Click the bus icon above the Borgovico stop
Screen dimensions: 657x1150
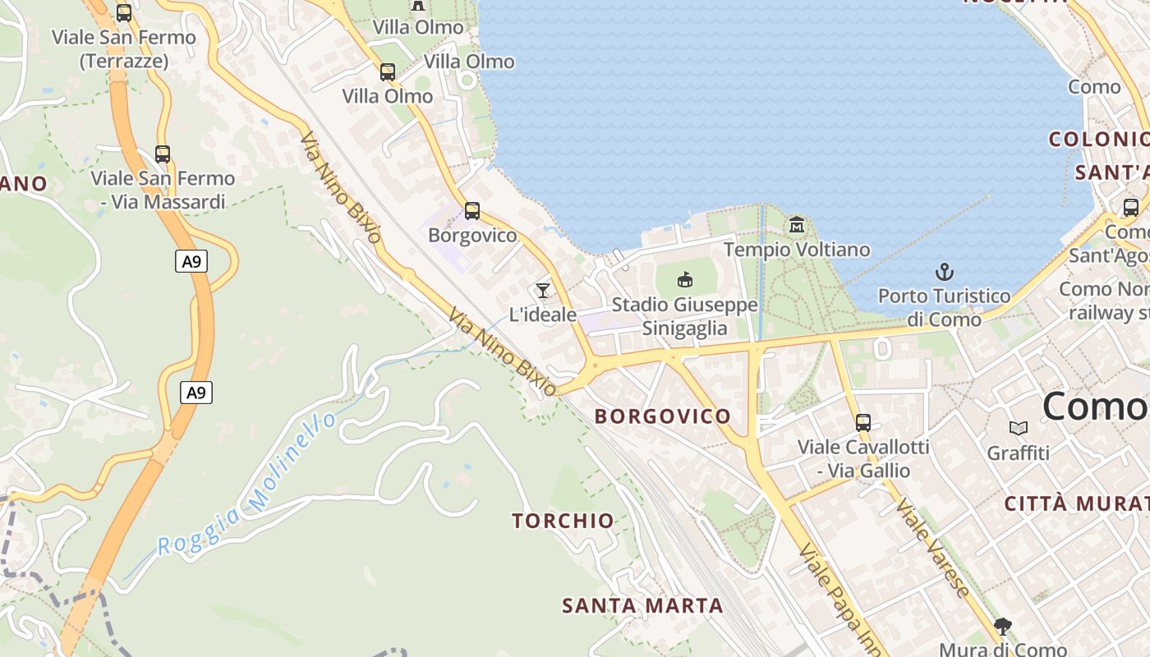click(471, 211)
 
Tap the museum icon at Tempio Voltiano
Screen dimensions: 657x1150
click(796, 224)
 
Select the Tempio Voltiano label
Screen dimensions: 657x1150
click(796, 249)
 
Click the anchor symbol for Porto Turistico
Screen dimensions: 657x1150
click(945, 272)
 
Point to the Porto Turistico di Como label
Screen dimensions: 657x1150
click(945, 307)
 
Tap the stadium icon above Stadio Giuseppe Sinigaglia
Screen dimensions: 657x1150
click(684, 280)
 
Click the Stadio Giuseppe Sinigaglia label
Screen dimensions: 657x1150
click(684, 316)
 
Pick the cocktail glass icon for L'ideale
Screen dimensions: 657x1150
click(542, 290)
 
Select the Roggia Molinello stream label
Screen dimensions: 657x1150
click(247, 485)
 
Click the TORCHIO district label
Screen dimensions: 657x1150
click(563, 521)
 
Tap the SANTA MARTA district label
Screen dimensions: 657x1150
click(642, 606)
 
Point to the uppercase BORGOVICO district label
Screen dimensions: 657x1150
click(662, 416)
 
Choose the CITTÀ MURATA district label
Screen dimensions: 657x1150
click(1076, 503)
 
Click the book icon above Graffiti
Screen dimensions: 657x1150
click(1018, 428)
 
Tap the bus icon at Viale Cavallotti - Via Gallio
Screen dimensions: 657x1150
click(862, 423)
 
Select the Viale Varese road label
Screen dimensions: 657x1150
click(931, 547)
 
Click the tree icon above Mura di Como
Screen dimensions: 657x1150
click(1002, 627)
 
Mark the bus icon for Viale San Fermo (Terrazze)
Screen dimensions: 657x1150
click(123, 13)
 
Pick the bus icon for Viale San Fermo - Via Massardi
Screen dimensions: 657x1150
click(162, 154)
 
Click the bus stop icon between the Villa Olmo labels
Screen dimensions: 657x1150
click(387, 72)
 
